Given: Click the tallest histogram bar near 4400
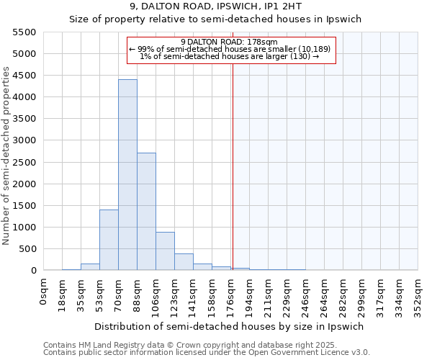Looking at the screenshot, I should point(127,175).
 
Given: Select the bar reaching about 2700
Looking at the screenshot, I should point(146,212).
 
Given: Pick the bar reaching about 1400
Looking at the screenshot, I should point(109,240).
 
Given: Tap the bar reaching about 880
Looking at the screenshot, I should point(165,251).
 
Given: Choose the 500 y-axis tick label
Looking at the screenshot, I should point(29,249).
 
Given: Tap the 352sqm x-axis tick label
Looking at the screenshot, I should point(419,292).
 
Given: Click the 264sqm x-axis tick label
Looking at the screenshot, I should point(325,292).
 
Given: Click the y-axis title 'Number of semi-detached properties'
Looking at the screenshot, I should point(7,156).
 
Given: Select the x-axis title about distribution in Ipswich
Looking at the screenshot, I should point(229,326).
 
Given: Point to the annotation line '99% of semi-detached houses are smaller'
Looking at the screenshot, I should point(230,49).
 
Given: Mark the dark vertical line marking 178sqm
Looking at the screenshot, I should point(233,166).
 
